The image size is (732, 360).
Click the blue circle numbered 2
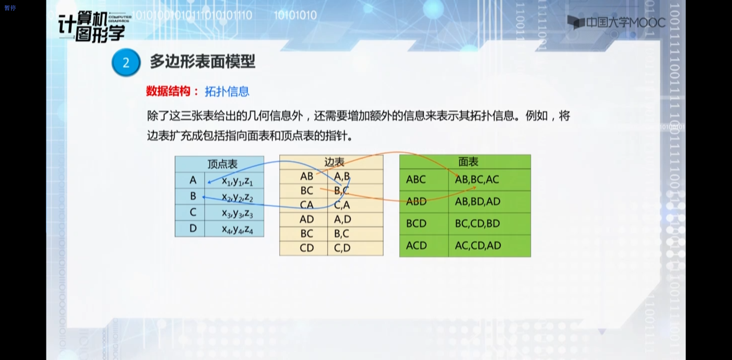pyautogui.click(x=126, y=62)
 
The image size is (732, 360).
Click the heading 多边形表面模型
pyautogui.click(x=202, y=61)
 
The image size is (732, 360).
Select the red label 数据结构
pyautogui.click(x=168, y=91)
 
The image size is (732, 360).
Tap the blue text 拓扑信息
pyautogui.click(x=227, y=91)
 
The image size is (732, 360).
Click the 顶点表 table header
pyautogui.click(x=222, y=164)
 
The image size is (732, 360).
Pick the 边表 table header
pyautogui.click(x=334, y=162)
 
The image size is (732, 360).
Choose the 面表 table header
pyautogui.click(x=468, y=162)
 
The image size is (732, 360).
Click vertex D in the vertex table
pyautogui.click(x=193, y=228)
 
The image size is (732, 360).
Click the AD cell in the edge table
pyautogui.click(x=307, y=219)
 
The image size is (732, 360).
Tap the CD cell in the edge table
pyautogui.click(x=307, y=248)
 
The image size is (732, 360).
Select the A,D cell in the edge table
pyautogui.click(x=343, y=219)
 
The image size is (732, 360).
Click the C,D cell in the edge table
pyautogui.click(x=342, y=248)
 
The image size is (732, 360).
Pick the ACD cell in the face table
pyautogui.click(x=416, y=245)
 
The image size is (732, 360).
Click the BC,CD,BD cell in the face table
pyautogui.click(x=477, y=223)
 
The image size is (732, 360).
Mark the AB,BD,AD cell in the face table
pyautogui.click(x=478, y=201)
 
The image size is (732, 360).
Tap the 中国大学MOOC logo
pyautogui.click(x=616, y=23)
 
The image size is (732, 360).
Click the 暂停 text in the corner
pyautogui.click(x=10, y=8)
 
